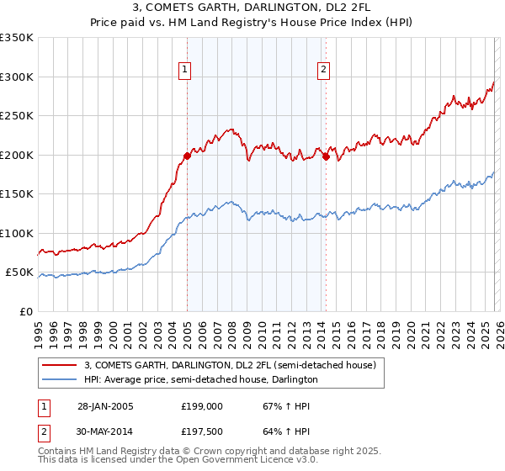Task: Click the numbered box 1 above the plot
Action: pos(184,71)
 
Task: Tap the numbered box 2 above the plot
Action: pos(323,71)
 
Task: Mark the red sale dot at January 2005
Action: pos(187,156)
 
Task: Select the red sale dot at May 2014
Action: pos(326,156)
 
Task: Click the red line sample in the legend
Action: pos(60,365)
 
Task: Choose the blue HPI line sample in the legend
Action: pos(60,380)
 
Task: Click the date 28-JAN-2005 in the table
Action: pos(105,406)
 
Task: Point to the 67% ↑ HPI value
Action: pos(286,406)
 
